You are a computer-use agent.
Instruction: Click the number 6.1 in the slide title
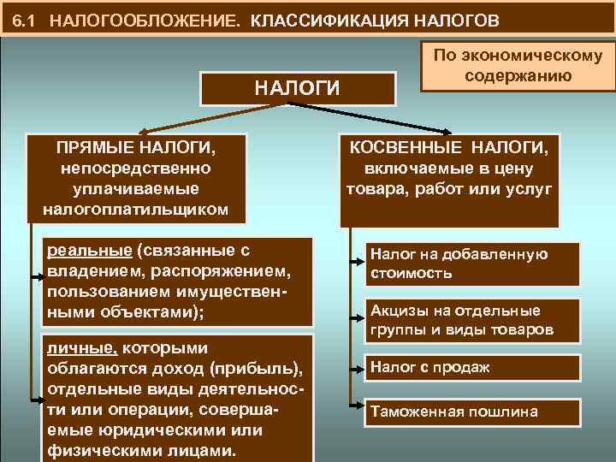(27, 19)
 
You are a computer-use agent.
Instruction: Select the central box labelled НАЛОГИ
(298, 88)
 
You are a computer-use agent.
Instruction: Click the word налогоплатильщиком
(135, 208)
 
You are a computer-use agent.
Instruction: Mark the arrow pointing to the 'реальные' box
(39, 277)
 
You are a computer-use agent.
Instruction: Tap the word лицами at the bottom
(201, 451)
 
